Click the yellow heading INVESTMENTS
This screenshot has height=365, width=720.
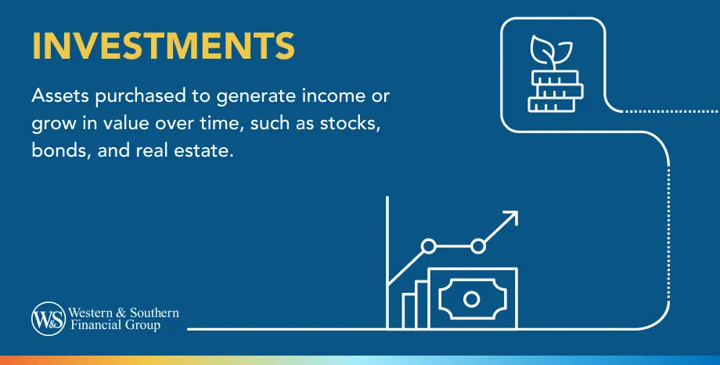pyautogui.click(x=164, y=46)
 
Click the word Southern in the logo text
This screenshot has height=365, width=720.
pyautogui.click(x=155, y=313)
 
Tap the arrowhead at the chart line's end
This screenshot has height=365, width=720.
pyautogui.click(x=511, y=216)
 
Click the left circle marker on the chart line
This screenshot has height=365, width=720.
pyautogui.click(x=428, y=247)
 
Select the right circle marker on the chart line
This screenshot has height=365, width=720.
pyautogui.click(x=478, y=247)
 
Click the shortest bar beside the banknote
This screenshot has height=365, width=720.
pyautogui.click(x=409, y=310)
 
